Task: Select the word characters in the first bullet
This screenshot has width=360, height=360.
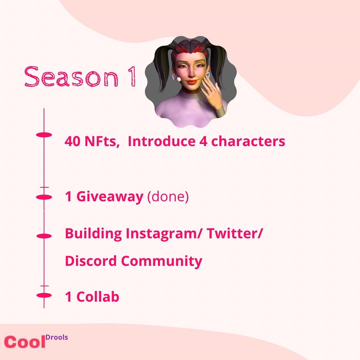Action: [248, 142]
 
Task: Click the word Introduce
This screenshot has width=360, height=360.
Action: [162, 142]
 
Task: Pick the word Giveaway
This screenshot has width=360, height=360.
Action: [110, 197]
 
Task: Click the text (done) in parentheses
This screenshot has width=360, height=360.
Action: [168, 197]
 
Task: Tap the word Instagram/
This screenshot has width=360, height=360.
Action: [163, 234]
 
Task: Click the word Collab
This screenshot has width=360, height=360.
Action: [98, 297]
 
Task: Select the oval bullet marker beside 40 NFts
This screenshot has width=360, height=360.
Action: [44, 135]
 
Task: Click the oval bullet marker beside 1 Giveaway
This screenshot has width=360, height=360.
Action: [44, 197]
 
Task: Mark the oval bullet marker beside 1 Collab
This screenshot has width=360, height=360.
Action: [44, 295]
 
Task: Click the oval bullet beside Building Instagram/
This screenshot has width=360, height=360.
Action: [44, 236]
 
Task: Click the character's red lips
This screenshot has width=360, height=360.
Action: [191, 81]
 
